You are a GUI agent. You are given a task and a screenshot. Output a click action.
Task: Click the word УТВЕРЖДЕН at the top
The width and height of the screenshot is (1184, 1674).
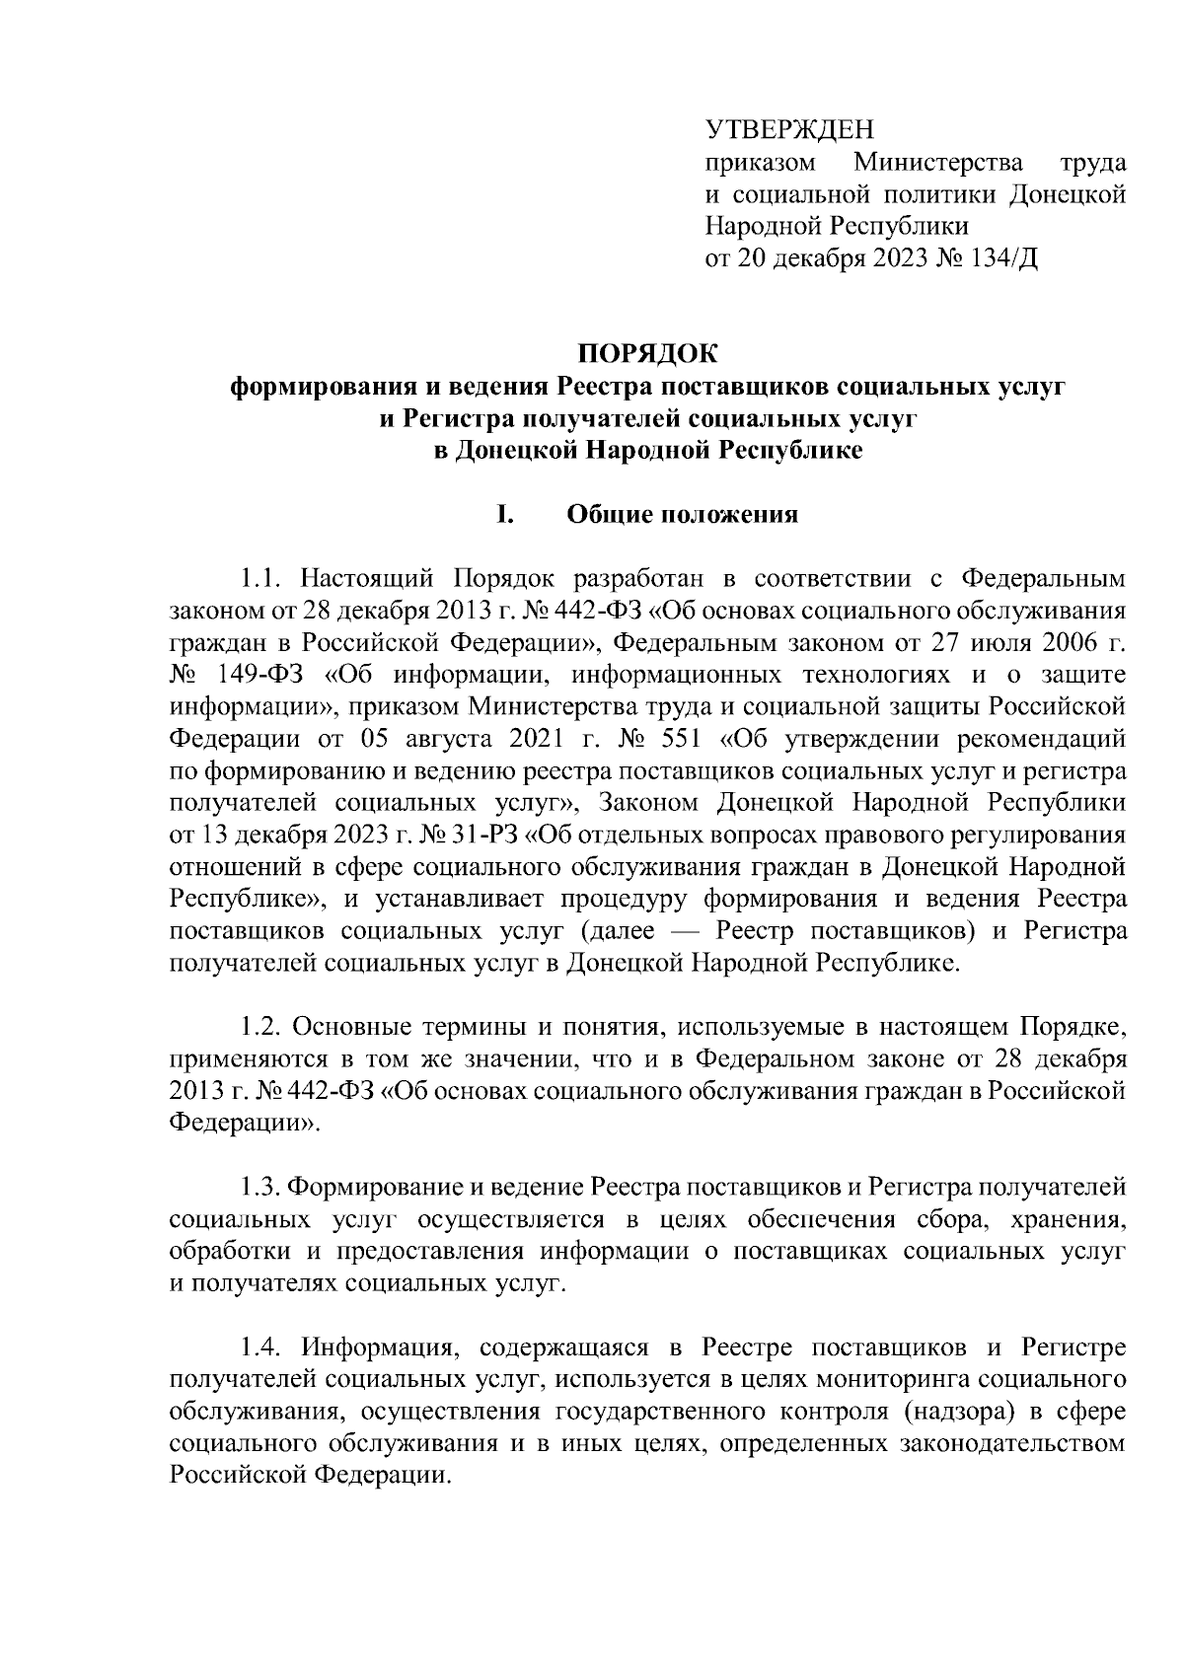[790, 129]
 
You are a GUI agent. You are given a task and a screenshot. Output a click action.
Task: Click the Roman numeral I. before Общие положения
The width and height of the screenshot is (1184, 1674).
[504, 515]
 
